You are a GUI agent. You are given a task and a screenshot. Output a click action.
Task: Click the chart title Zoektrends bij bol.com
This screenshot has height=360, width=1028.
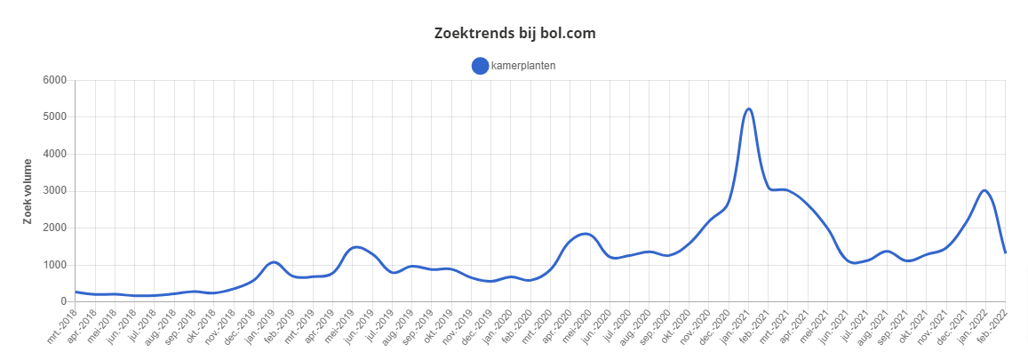514,34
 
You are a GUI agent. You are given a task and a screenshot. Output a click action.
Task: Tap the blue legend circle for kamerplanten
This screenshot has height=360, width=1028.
480,65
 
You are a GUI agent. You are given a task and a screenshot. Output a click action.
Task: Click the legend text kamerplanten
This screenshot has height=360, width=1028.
523,65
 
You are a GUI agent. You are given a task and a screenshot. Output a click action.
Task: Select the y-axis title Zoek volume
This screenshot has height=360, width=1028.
29,191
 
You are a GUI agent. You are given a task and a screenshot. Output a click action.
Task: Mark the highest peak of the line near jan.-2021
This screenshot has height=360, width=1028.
749,108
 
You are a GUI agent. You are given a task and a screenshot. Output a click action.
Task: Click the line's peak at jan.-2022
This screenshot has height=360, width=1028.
984,190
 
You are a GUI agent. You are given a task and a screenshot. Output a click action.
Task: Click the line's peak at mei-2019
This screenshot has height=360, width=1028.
355,247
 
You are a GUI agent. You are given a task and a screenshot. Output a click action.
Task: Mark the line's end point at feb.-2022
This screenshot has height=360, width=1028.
1005,252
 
